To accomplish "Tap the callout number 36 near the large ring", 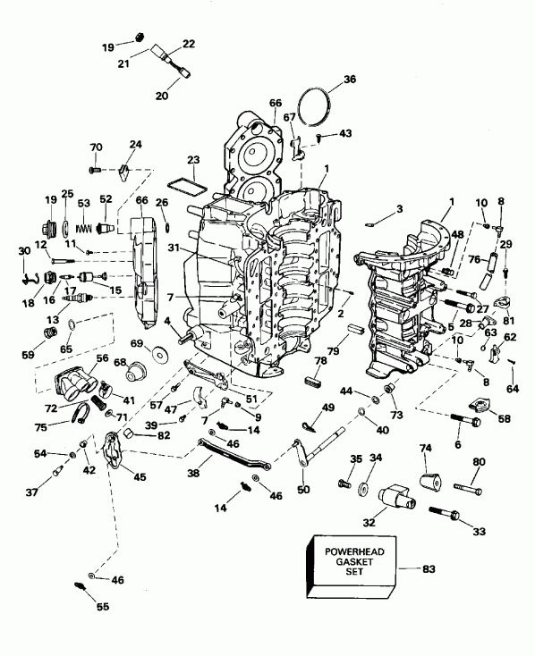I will [x=349, y=80].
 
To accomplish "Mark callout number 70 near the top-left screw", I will [x=97, y=147].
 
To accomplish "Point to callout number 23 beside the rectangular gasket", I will [x=193, y=161].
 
